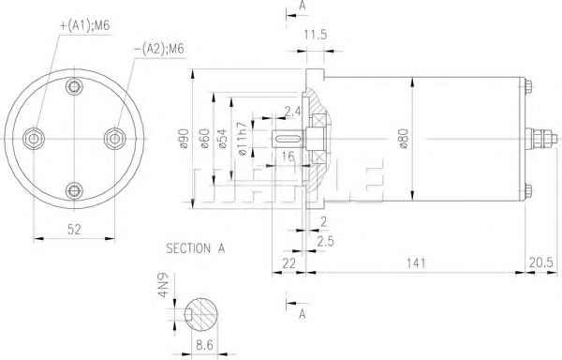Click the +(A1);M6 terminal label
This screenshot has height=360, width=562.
(85, 25)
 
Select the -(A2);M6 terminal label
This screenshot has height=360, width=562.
(159, 49)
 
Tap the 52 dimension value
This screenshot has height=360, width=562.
(74, 230)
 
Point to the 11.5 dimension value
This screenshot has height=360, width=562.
(316, 35)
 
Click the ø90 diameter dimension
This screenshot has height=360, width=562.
(184, 139)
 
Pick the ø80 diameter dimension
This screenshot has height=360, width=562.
(404, 139)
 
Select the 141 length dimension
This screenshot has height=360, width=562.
(416, 263)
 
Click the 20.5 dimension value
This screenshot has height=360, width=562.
(541, 262)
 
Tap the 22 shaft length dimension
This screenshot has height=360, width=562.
(288, 263)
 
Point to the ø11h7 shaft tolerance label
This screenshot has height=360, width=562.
(243, 139)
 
